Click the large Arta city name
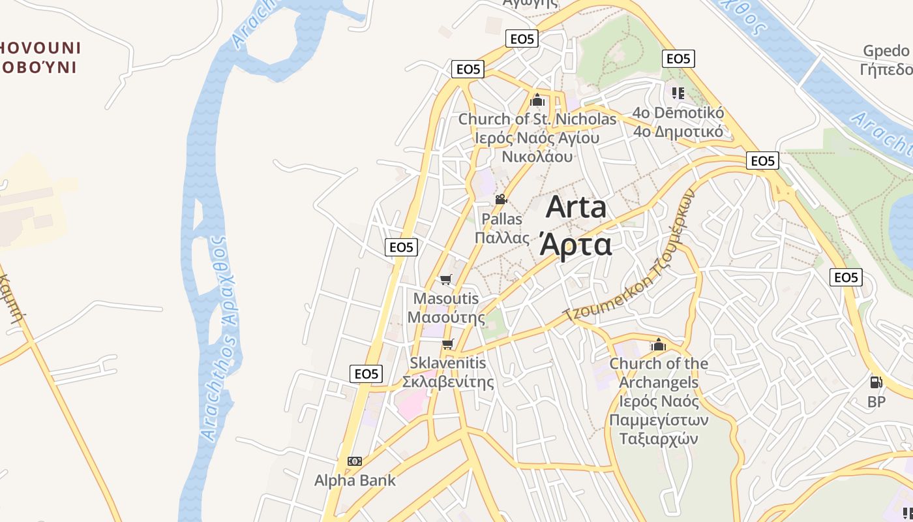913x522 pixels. click(x=576, y=226)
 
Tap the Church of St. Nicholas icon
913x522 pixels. click(x=537, y=100)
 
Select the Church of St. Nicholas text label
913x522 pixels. click(x=537, y=138)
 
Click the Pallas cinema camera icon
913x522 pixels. click(x=501, y=200)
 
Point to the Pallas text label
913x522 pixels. click(x=502, y=228)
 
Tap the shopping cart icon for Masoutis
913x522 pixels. click(x=445, y=280)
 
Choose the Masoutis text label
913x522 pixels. click(x=446, y=308)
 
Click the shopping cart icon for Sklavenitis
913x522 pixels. click(x=447, y=344)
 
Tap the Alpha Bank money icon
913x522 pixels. click(x=355, y=461)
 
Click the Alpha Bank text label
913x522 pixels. click(x=355, y=481)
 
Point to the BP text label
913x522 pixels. click(x=876, y=402)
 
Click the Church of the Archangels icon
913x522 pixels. click(x=659, y=344)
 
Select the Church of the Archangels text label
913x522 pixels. click(x=659, y=401)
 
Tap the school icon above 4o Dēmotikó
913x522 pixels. click(x=678, y=93)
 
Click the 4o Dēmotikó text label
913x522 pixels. click(x=678, y=122)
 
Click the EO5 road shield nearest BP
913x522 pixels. click(x=846, y=277)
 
